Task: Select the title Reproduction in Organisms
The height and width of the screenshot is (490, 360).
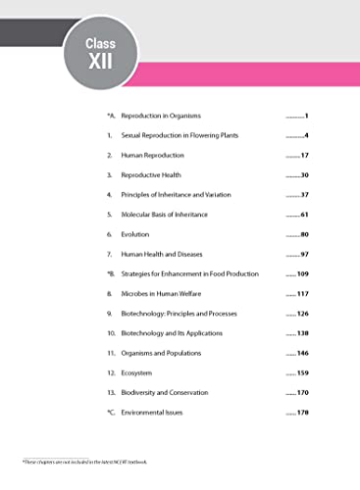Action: (160, 116)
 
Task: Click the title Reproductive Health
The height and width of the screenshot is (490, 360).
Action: (151, 174)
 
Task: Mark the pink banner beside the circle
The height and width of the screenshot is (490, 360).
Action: (255, 76)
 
